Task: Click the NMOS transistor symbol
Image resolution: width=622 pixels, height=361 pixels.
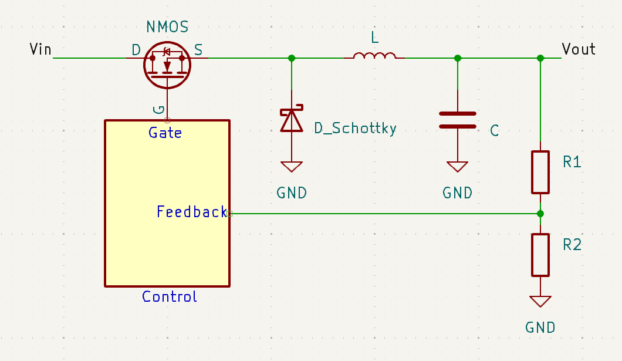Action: pyautogui.click(x=167, y=64)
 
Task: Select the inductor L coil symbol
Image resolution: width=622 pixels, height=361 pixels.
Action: pyautogui.click(x=374, y=56)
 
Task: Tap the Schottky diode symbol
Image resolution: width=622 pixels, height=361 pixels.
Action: pyautogui.click(x=292, y=119)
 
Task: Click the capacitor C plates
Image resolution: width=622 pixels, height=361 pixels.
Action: pyautogui.click(x=458, y=120)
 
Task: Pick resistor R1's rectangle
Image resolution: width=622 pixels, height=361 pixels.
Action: pyautogui.click(x=540, y=172)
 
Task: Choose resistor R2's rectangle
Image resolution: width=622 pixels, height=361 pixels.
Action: pyautogui.click(x=540, y=255)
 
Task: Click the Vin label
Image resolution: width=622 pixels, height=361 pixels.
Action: pyautogui.click(x=40, y=49)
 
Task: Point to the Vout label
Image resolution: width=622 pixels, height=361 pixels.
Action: pyautogui.click(x=578, y=49)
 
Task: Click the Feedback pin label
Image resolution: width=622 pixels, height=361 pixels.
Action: pyautogui.click(x=191, y=212)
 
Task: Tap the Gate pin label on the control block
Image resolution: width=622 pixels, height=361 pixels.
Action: pyautogui.click(x=165, y=133)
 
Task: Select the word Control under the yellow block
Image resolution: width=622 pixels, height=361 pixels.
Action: pyautogui.click(x=170, y=296)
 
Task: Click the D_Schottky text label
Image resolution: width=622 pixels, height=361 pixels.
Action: pyautogui.click(x=355, y=128)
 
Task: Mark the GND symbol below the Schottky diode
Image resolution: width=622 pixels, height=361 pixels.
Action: pyautogui.click(x=292, y=166)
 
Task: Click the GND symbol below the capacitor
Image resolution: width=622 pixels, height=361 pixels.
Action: pyautogui.click(x=458, y=166)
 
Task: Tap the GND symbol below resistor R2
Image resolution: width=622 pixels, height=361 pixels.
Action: pyautogui.click(x=540, y=301)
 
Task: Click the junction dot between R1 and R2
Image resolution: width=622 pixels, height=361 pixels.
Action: pyautogui.click(x=540, y=214)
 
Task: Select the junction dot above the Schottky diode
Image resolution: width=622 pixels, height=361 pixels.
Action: pyautogui.click(x=292, y=58)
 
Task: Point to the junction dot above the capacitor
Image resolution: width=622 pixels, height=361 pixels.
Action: pyautogui.click(x=458, y=58)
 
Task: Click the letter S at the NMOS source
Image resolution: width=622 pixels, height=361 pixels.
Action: pyautogui.click(x=198, y=50)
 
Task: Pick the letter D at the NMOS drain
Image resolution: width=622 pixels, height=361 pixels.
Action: pyautogui.click(x=136, y=50)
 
